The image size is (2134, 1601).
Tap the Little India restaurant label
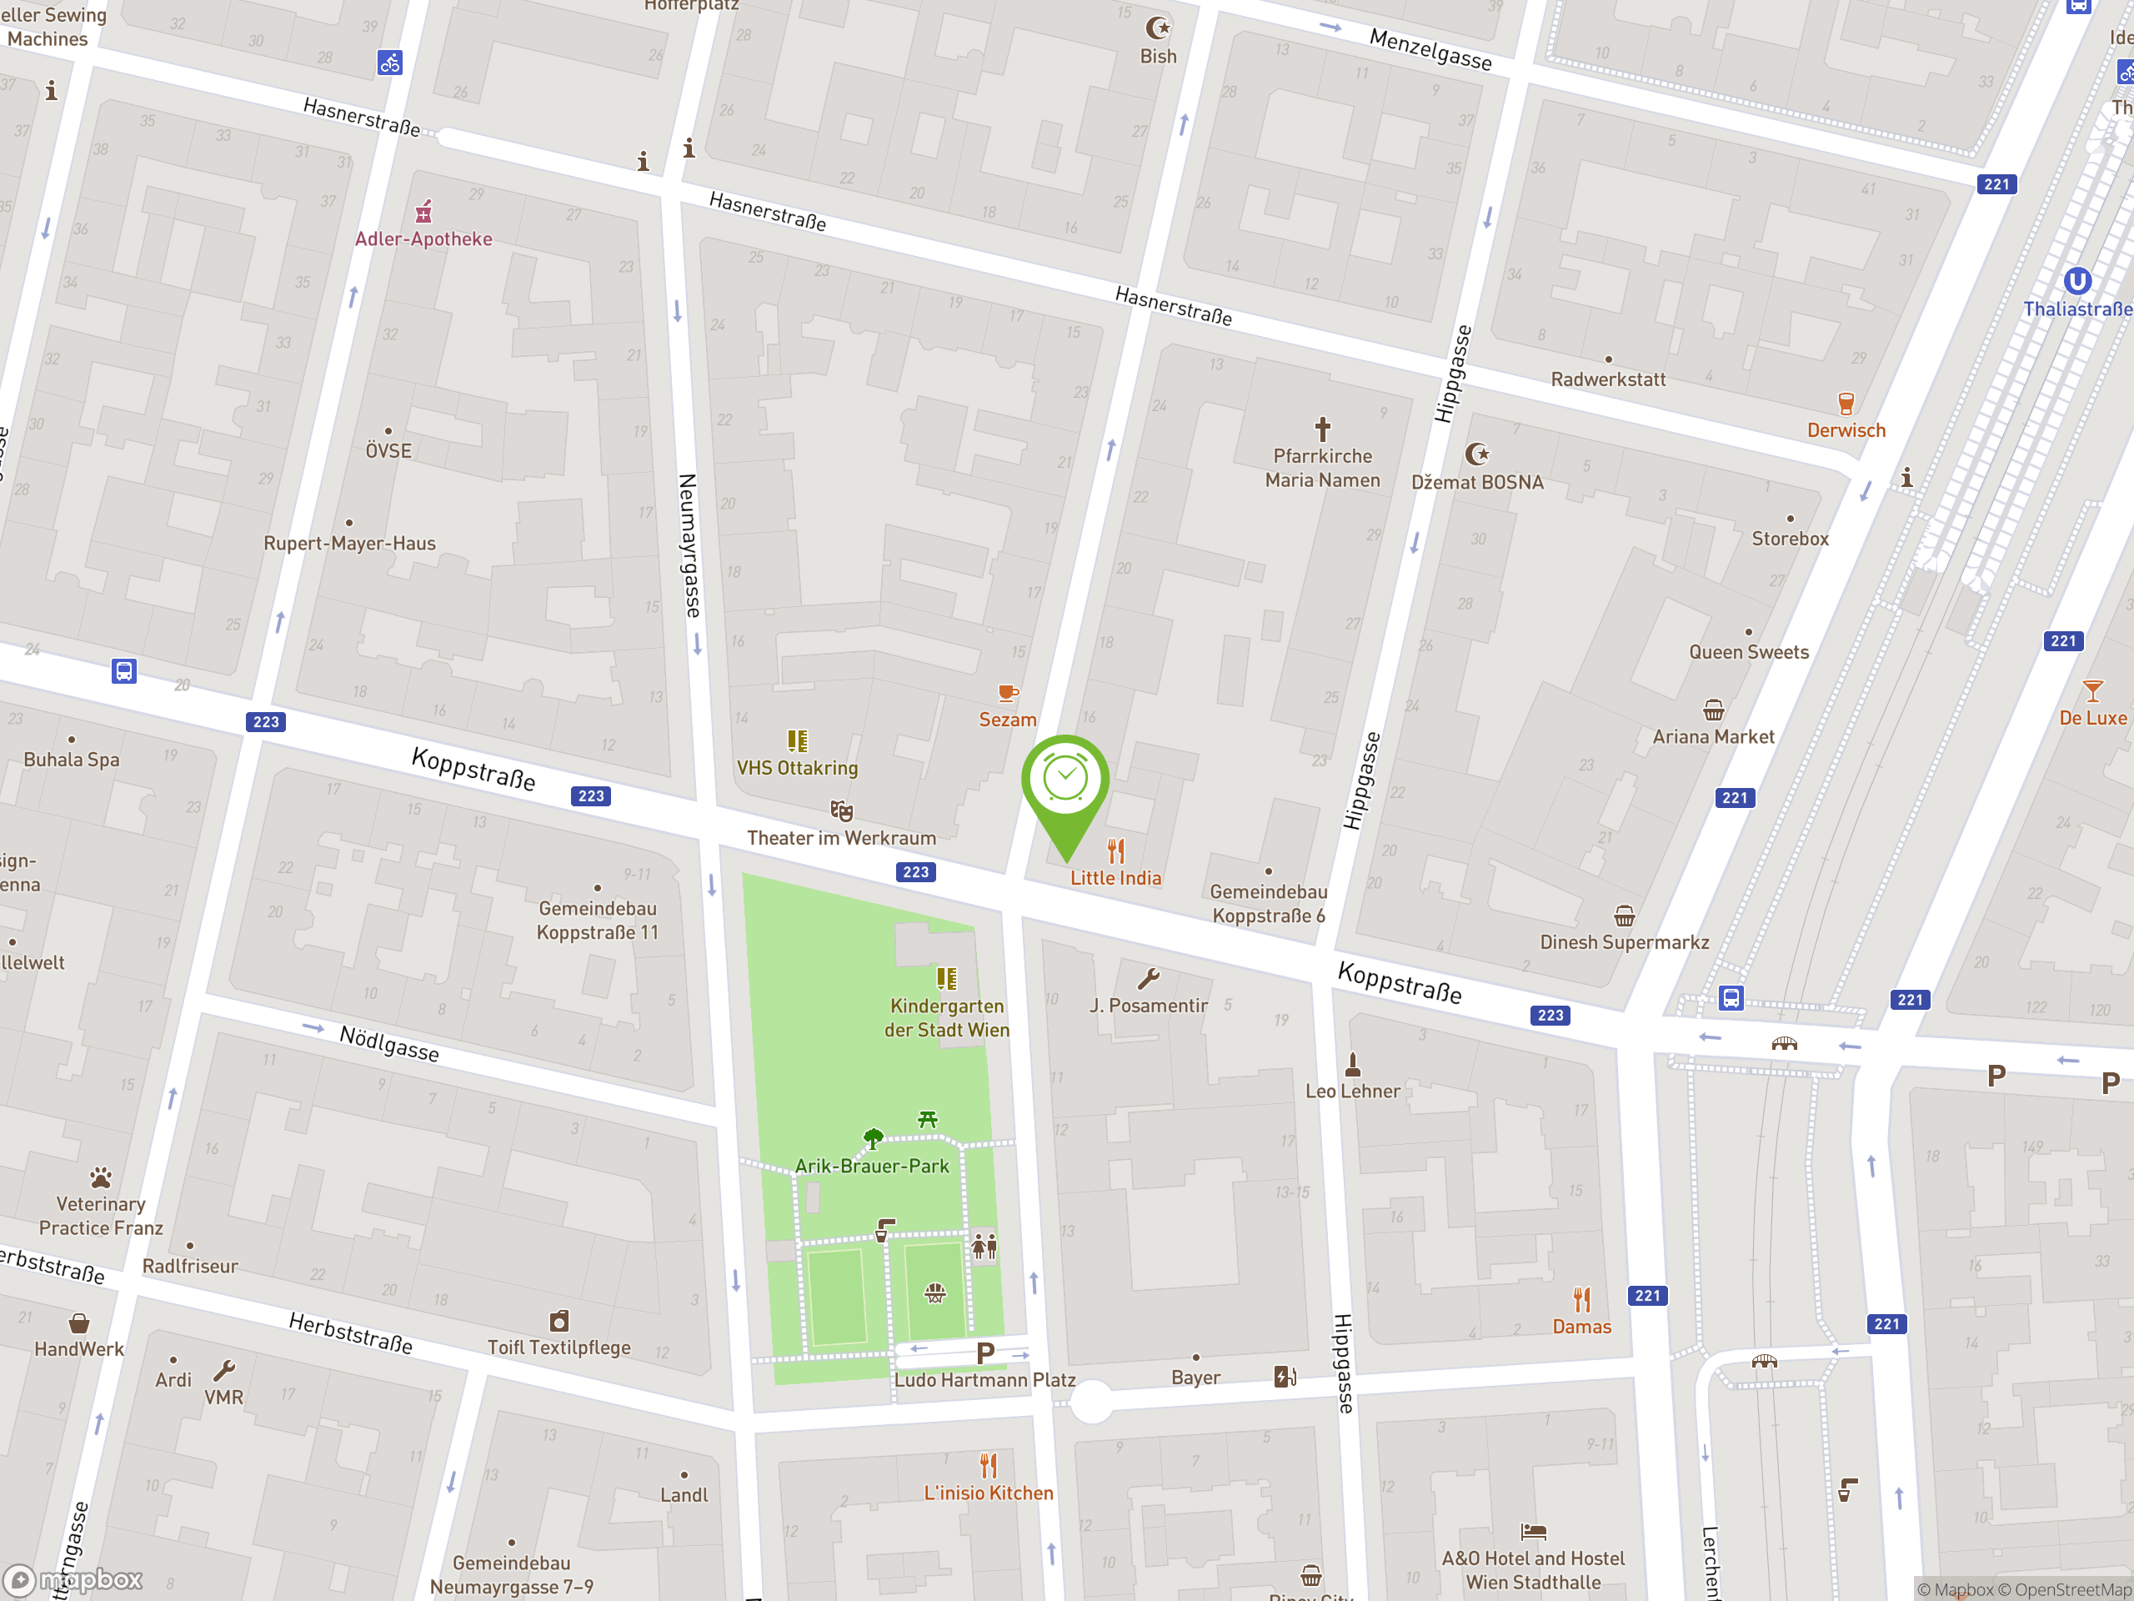pos(1115,877)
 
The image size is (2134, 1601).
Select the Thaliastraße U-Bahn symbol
pos(2077,281)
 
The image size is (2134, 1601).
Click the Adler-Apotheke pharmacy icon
pos(423,211)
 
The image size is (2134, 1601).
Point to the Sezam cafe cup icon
pos(1007,693)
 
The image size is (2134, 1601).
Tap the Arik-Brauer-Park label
pos(871,1166)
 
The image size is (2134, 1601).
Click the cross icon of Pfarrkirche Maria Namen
pos(1322,428)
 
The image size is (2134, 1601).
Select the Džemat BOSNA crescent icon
pos(1476,454)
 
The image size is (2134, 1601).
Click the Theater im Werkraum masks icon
pos(841,811)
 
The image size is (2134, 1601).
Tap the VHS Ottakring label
pos(797,768)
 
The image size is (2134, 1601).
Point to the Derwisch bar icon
pos(1846,404)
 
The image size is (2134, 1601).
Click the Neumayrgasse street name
pos(689,545)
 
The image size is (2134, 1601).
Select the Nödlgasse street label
pos(388,1043)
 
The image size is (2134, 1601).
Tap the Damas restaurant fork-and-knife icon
pos(1581,1300)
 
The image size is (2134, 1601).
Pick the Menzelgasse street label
pos(1430,49)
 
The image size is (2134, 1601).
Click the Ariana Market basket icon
pos(1712,710)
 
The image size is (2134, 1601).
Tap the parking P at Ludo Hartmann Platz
pos(985,1353)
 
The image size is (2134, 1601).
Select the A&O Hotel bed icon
pos(1533,1532)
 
